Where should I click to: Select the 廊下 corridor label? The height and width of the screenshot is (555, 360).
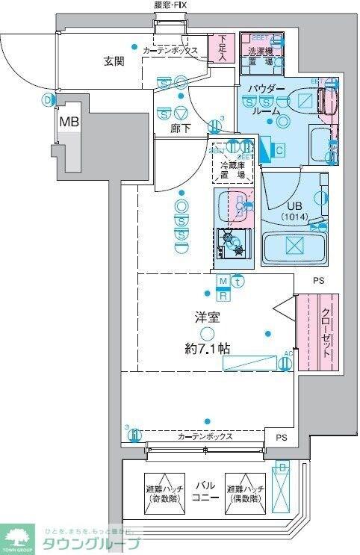coord(180,128)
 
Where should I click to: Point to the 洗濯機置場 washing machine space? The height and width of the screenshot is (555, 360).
coord(261,56)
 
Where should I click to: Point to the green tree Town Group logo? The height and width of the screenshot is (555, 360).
coord(17,534)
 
